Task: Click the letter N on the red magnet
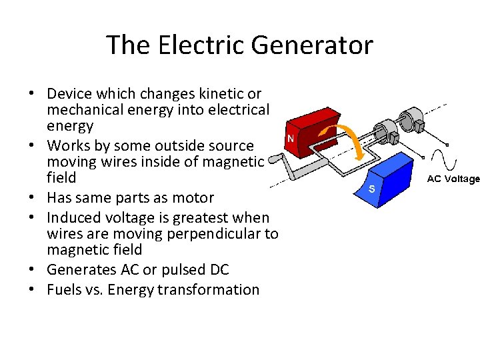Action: (291, 139)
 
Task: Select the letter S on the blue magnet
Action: (372, 189)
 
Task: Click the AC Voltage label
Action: (453, 179)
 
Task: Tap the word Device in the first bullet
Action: (70, 93)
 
